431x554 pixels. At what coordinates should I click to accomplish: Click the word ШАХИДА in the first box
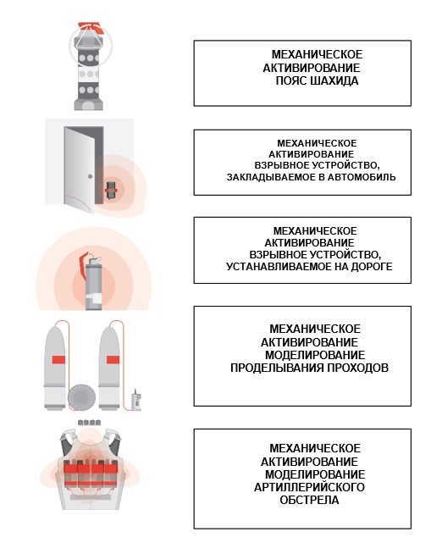point(334,81)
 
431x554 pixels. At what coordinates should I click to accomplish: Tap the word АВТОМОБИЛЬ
point(362,177)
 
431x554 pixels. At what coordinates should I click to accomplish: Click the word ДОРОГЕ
point(372,266)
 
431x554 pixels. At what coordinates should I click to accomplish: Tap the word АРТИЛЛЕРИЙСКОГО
point(309,487)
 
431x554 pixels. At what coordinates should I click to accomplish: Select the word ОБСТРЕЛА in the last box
point(309,500)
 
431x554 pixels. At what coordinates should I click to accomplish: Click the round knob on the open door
point(91,176)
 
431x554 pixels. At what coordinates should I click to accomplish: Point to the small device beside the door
point(112,191)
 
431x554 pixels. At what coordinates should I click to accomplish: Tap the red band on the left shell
point(58,360)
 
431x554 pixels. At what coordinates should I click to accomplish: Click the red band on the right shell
point(113,360)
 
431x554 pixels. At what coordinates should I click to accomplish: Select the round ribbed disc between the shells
point(81,397)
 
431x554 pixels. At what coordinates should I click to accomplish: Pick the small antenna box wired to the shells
point(136,401)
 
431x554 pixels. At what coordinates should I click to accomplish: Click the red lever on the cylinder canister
point(83,264)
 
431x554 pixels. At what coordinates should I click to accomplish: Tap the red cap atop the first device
point(91,27)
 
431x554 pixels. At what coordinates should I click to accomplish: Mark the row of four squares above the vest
point(90,422)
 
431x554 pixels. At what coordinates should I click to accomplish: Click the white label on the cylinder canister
point(94,299)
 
